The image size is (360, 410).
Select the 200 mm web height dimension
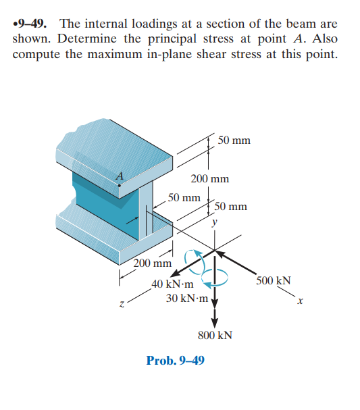click(209, 179)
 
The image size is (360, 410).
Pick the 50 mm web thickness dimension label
click(184, 198)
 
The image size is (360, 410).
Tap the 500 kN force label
click(274, 280)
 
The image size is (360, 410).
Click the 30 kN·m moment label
click(187, 298)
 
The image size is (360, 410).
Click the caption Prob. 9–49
click(176, 359)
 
